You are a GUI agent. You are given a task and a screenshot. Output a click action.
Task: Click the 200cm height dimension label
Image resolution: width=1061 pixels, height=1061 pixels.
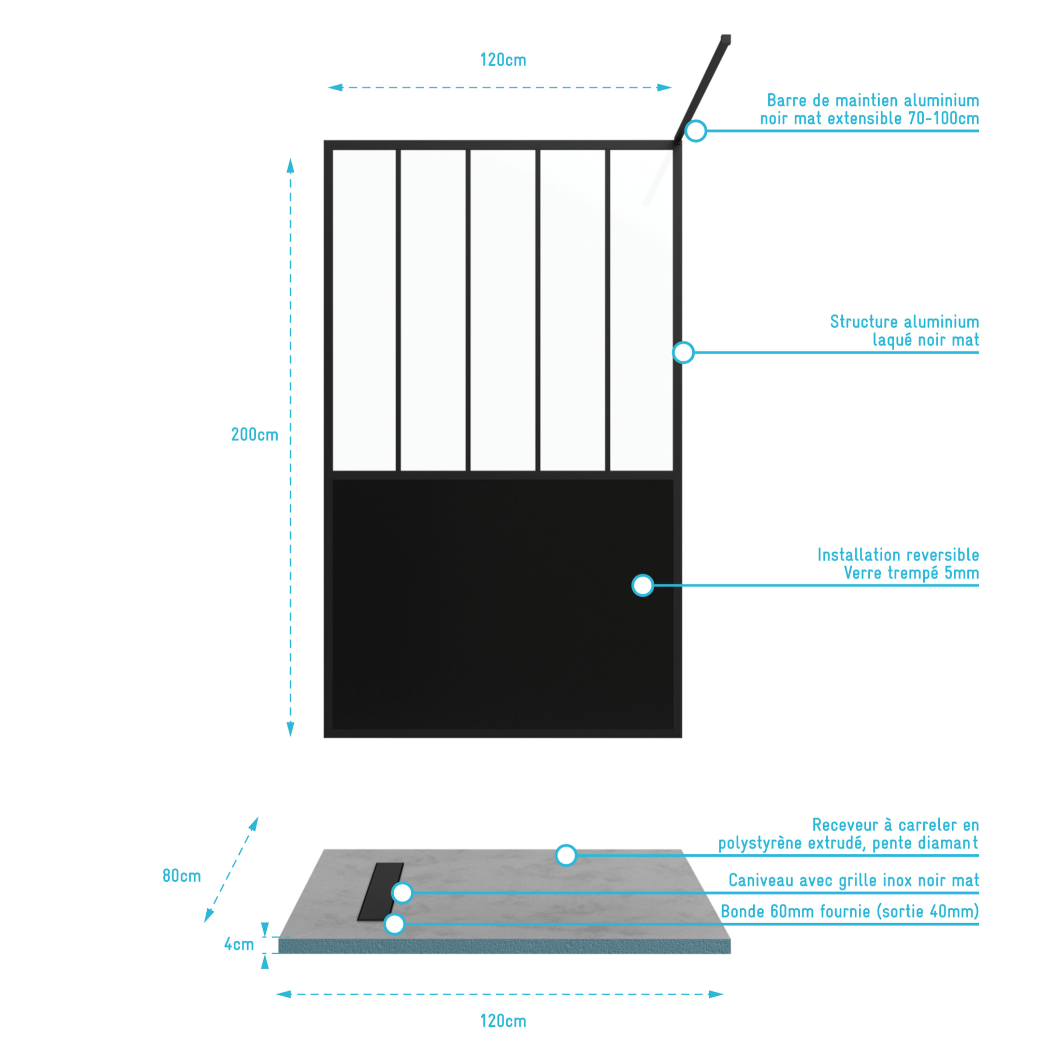254,435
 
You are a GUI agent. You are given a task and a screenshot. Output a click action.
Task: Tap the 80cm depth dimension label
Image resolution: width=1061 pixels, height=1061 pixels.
182,876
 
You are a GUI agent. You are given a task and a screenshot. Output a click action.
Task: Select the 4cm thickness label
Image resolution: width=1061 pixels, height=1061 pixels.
239,944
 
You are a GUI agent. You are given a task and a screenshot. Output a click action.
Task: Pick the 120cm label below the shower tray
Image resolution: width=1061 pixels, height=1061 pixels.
503,1021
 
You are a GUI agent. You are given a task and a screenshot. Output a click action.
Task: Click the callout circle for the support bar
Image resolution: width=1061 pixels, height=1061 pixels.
695,131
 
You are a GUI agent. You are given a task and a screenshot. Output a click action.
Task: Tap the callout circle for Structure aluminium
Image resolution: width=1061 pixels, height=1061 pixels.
683,352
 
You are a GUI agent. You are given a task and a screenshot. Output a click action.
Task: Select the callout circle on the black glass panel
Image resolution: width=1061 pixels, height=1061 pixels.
642,585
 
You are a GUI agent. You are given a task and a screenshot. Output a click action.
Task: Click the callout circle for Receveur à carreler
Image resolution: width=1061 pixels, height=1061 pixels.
566,855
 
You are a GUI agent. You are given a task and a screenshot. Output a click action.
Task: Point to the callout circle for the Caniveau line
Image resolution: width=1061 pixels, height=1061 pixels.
402,893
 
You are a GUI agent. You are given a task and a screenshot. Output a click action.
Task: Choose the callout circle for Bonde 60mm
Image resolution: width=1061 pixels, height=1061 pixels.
394,924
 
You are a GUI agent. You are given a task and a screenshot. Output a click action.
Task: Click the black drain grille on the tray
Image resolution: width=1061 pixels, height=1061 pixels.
380,891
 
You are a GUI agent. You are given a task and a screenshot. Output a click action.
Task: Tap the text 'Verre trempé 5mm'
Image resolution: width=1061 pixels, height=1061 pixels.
911,573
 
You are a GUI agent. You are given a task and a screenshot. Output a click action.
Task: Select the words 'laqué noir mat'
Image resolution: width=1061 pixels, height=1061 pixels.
926,340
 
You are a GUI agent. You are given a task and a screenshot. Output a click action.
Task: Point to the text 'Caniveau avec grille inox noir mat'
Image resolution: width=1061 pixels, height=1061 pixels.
854,880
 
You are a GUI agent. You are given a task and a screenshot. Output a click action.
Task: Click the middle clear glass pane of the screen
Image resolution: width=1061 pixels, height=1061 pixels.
503,310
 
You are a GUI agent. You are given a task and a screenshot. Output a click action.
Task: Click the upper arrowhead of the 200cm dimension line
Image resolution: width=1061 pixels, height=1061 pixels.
291,165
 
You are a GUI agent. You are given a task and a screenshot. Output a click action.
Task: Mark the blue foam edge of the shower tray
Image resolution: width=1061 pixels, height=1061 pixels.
504,945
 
